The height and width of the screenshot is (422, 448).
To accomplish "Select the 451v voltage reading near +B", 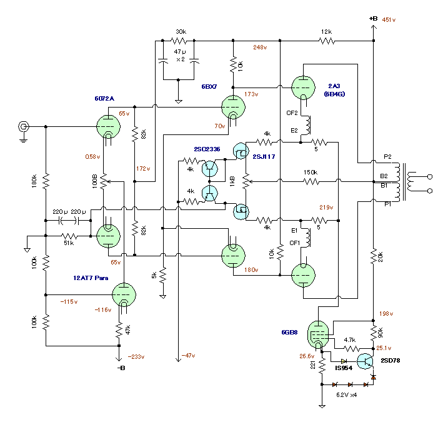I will click(x=389, y=19).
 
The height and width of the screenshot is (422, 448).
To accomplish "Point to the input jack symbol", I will click(x=24, y=127).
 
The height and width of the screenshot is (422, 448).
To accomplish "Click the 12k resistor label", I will click(x=327, y=31).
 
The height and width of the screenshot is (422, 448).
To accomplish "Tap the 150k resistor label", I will click(x=310, y=172).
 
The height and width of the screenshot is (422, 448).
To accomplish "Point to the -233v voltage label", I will click(x=136, y=357).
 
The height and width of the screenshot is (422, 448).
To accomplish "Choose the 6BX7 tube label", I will click(x=209, y=86).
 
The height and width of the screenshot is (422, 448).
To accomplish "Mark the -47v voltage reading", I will click(x=189, y=356).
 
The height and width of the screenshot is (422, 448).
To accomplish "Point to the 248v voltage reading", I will click(x=260, y=48).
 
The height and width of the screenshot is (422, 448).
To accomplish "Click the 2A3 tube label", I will click(x=334, y=85).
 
